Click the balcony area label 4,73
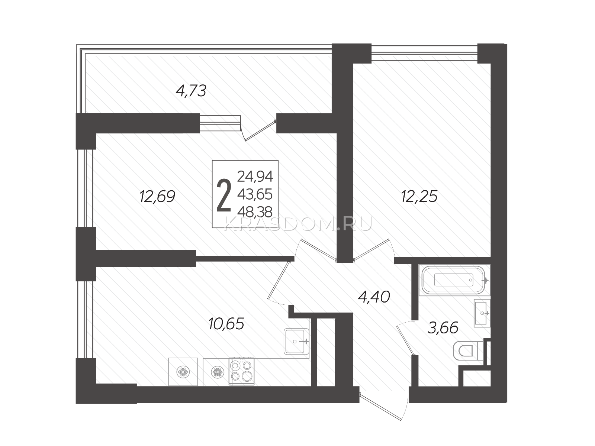point(191,91)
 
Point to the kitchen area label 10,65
point(226,324)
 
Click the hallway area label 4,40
point(374,297)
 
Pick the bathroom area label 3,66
point(443,328)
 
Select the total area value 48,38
point(255,212)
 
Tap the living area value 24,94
point(255,176)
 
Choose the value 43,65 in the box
point(255,194)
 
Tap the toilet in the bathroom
point(469,351)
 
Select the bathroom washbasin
point(482,313)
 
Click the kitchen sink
point(296,341)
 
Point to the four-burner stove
point(241,371)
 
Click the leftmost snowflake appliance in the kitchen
point(183,372)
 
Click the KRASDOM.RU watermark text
point(298,224)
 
